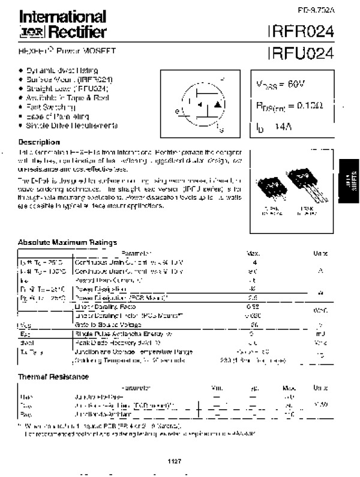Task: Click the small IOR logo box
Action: click(x=28, y=32)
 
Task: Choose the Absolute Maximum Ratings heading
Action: click(x=67, y=242)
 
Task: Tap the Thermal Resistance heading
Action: click(x=53, y=377)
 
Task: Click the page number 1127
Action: click(x=174, y=461)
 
